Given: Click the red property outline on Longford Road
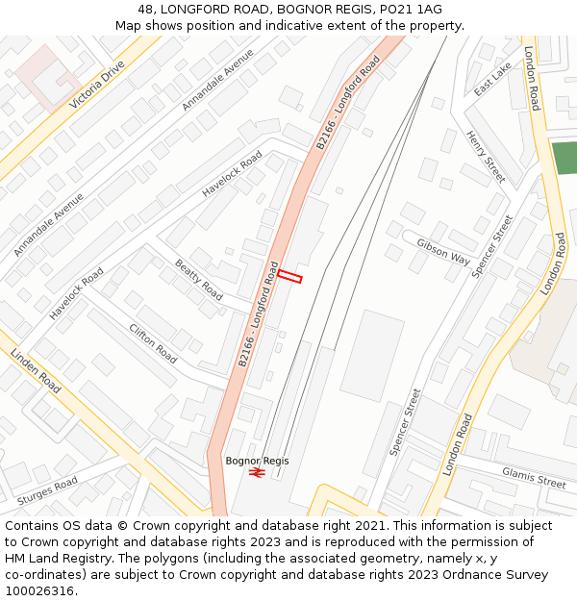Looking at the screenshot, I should [x=290, y=278].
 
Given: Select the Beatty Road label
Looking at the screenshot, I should [x=198, y=279].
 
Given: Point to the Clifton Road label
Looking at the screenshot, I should [x=153, y=343].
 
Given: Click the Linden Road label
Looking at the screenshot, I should [x=36, y=371].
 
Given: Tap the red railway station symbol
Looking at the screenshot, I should [x=257, y=472].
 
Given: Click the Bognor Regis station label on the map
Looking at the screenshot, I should [x=257, y=461].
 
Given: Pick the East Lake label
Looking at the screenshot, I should [x=493, y=79].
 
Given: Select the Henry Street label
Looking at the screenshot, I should [x=486, y=157].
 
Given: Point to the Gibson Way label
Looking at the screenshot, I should [x=443, y=253].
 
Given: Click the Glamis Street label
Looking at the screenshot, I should [x=534, y=477].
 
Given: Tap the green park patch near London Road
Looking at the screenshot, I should [x=564, y=158].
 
